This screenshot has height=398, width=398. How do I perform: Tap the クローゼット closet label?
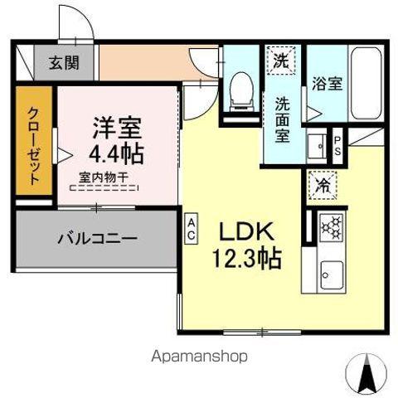click(34, 146)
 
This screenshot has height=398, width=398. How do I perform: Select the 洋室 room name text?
click(117, 129)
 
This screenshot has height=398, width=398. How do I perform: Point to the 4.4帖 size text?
click(117, 154)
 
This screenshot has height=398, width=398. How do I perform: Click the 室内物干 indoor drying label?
click(104, 177)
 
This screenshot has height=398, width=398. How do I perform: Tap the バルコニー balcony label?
click(96, 239)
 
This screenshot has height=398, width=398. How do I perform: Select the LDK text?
click(246, 230)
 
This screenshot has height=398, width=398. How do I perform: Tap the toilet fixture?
click(240, 89)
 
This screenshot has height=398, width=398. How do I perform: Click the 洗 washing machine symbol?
click(283, 60)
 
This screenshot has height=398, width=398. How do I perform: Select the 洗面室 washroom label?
click(283, 120)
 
